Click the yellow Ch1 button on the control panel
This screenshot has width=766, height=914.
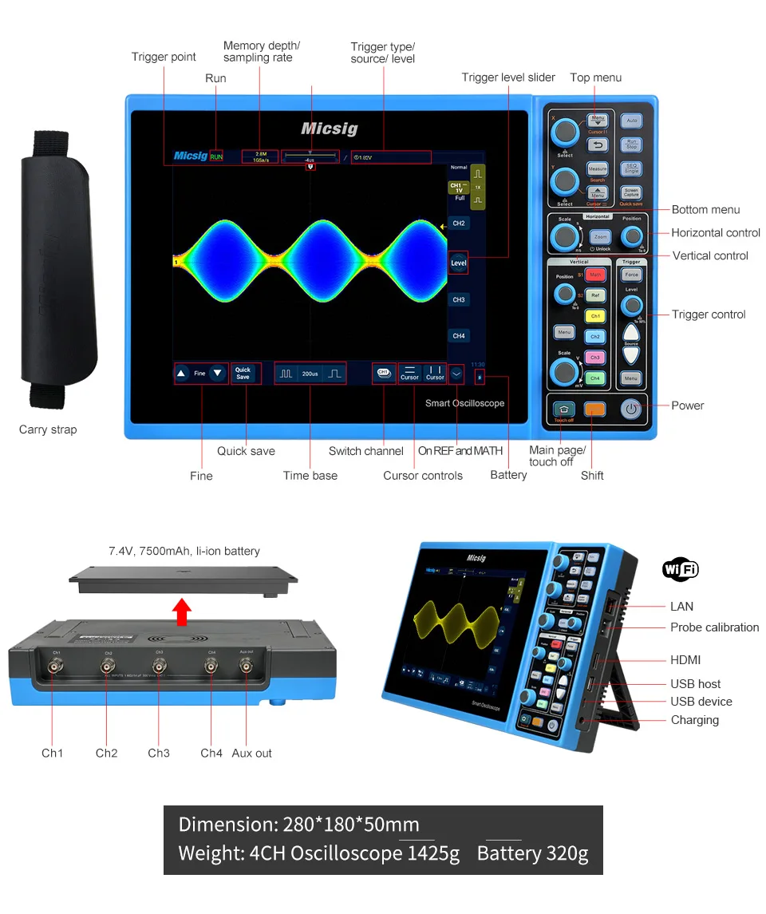595,316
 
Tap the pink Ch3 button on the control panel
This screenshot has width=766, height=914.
595,358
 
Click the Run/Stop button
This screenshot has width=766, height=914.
631,144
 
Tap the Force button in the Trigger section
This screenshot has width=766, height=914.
632,275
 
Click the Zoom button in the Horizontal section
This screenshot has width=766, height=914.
600,237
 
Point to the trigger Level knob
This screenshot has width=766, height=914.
632,305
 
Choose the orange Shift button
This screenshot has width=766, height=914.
594,410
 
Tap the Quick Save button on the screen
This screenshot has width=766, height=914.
243,373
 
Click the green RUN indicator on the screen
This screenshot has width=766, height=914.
216,156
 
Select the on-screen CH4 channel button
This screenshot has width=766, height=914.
459,336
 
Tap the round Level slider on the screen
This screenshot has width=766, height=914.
458,263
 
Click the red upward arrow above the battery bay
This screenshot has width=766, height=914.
183,611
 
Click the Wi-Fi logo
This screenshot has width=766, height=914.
680,569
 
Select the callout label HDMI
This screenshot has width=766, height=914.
685,660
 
